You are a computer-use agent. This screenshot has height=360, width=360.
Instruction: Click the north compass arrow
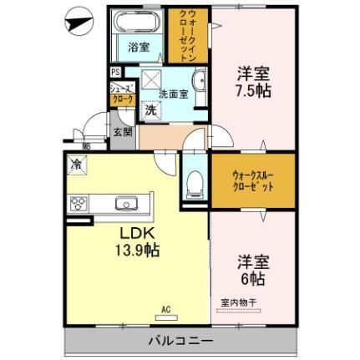coord(78,22)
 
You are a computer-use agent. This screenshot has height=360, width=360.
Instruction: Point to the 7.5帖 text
coord(253,88)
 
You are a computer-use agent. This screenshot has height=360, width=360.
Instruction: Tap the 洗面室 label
coord(172,95)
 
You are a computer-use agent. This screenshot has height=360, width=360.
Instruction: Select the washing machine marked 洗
coord(150,109)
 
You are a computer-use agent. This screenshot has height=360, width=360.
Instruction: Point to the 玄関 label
coord(123,130)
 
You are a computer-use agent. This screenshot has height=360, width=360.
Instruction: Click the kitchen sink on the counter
coord(127,202)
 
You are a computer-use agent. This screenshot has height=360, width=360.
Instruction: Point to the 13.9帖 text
coord(134,248)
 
